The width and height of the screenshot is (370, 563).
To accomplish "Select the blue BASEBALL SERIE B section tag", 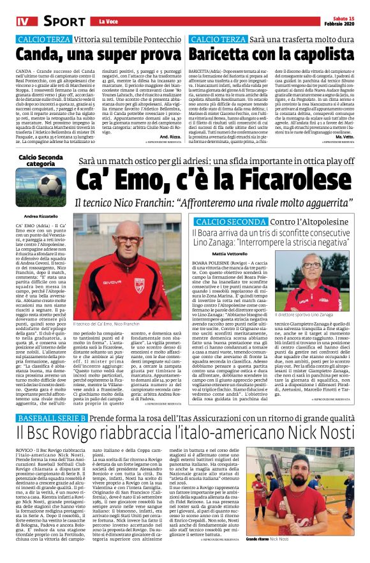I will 51,417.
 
